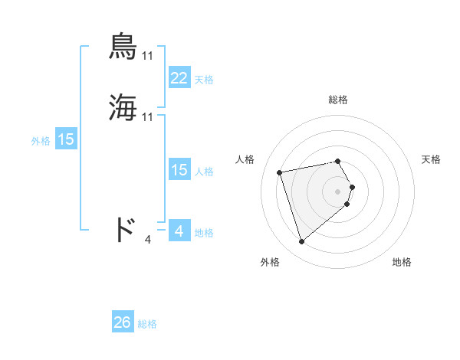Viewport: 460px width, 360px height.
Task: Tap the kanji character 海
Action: click(x=123, y=107)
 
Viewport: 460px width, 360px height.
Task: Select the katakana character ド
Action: click(x=125, y=229)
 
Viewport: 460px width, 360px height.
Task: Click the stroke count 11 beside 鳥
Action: click(x=148, y=55)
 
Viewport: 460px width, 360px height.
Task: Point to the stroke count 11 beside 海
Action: click(x=148, y=116)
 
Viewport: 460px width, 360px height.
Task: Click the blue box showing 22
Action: click(x=179, y=78)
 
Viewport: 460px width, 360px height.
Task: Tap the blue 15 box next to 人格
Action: click(x=179, y=170)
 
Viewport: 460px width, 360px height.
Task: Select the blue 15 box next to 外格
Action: click(x=66, y=139)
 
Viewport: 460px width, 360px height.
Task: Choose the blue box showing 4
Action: click(x=179, y=231)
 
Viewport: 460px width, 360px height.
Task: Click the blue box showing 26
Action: click(x=123, y=322)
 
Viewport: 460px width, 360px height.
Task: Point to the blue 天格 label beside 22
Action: click(x=204, y=80)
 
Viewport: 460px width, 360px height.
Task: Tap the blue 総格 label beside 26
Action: click(x=148, y=324)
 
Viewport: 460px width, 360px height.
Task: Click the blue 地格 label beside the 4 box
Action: click(x=204, y=233)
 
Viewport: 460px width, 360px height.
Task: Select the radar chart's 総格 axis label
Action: click(x=338, y=100)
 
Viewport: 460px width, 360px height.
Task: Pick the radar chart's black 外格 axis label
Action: click(x=270, y=262)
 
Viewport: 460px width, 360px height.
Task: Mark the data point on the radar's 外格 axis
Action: click(x=302, y=241)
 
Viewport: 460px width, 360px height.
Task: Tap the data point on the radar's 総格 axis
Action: click(x=338, y=161)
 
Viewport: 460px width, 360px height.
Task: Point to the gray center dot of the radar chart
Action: click(x=338, y=191)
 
